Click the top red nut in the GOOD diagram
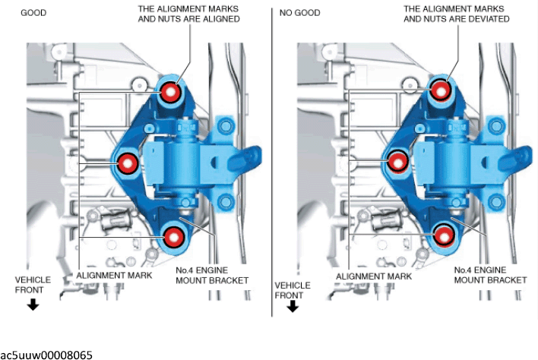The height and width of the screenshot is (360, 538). click(170, 92)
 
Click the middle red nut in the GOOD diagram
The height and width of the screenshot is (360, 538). click(128, 163)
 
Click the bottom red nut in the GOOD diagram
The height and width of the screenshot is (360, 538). click(173, 237)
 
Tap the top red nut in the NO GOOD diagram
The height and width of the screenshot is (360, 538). click(441, 90)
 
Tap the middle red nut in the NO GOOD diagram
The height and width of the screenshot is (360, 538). click(397, 163)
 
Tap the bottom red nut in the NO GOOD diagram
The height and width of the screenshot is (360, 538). click(444, 236)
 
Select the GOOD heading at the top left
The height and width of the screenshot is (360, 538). click(33, 13)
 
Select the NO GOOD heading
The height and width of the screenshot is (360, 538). click(299, 13)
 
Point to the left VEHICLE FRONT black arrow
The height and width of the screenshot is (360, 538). click(33, 304)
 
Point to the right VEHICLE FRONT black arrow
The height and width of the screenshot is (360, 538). click(293, 306)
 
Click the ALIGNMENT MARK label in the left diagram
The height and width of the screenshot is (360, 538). click(114, 275)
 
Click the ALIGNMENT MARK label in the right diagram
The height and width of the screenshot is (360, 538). click(374, 276)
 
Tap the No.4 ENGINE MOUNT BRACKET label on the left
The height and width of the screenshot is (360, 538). click(212, 275)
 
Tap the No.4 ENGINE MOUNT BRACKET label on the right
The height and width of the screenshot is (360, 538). click(490, 275)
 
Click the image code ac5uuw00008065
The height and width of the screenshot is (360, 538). click(46, 355)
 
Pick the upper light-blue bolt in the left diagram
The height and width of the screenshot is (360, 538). click(226, 126)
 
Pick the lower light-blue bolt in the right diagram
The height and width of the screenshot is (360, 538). click(496, 202)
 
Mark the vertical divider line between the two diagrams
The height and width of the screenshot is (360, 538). click(272, 162)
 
